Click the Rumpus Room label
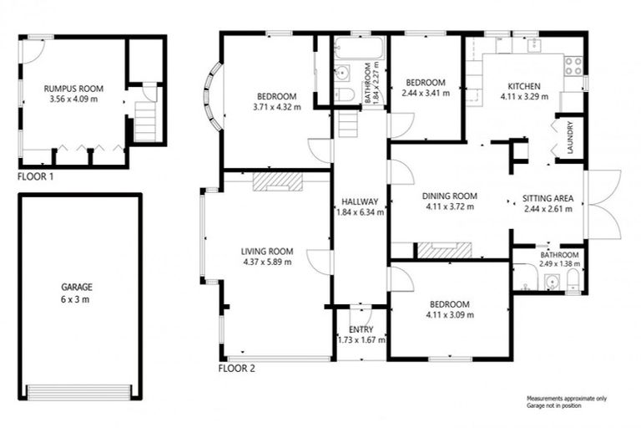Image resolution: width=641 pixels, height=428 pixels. point(73,86)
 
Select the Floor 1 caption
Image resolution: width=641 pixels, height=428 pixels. point(36,177)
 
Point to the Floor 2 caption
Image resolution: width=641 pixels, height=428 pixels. point(236,368)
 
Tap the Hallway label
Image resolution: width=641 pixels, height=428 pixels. point(361,201)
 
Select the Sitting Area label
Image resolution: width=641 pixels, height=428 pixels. point(547,199)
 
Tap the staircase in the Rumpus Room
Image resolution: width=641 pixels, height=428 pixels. point(146,120)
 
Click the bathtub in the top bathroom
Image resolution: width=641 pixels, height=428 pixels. point(358,48)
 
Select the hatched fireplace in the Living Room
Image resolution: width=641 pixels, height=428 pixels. point(275,182)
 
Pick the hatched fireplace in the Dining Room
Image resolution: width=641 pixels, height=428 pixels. point(444,249)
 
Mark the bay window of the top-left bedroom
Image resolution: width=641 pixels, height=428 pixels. point(213,99)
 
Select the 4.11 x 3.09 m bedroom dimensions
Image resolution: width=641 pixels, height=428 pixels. point(451,315)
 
